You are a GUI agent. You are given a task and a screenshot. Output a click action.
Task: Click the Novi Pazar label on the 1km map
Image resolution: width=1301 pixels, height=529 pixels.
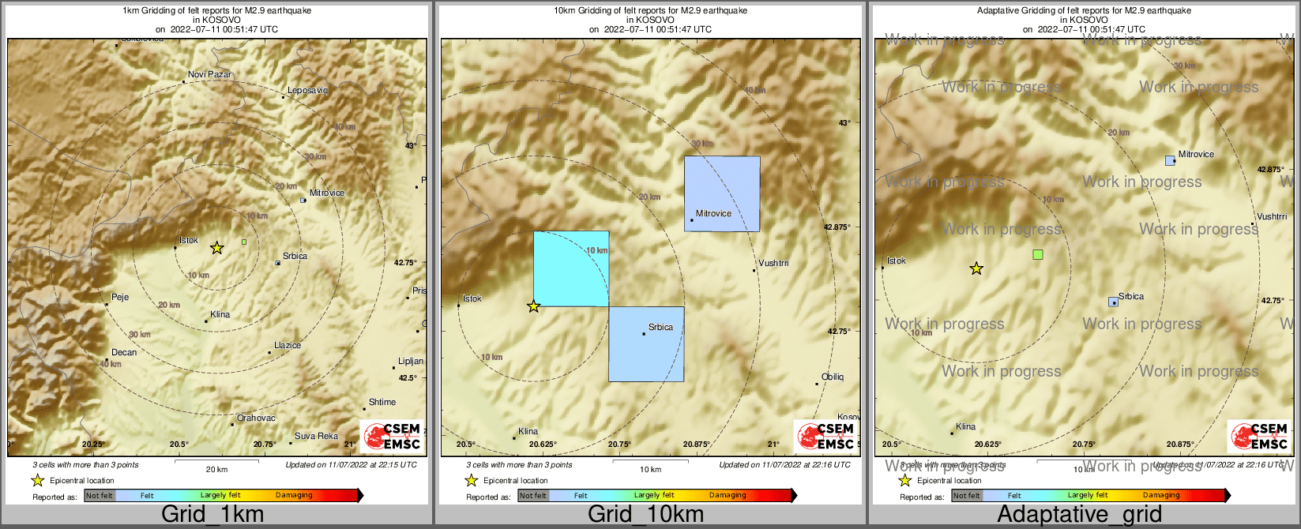[x=209, y=74]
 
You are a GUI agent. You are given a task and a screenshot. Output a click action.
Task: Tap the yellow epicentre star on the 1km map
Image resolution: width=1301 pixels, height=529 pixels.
[x=217, y=248]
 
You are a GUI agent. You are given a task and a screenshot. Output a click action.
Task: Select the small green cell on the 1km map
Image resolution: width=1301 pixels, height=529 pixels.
[x=244, y=242]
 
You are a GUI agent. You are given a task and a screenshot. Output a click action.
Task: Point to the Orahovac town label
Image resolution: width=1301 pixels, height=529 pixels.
[x=256, y=418]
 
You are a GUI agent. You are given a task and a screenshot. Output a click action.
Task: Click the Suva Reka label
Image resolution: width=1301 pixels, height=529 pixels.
[x=316, y=436]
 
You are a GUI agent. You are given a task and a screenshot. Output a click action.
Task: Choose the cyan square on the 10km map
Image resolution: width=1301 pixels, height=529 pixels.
[x=570, y=268]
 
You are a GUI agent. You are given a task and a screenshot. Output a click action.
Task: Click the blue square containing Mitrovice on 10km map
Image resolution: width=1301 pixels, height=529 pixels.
[x=722, y=193]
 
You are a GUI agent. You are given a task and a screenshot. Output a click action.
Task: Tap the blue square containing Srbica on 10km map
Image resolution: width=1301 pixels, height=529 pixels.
[x=646, y=344]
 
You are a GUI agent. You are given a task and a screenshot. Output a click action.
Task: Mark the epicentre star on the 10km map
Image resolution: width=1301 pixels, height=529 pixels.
[x=534, y=306]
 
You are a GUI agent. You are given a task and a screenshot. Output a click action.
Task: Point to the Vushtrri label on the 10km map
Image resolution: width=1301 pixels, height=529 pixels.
[x=773, y=263]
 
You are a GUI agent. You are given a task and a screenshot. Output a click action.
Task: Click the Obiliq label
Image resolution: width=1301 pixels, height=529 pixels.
[x=833, y=377]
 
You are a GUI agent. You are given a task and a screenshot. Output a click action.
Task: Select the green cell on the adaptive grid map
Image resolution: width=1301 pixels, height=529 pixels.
[x=1038, y=254]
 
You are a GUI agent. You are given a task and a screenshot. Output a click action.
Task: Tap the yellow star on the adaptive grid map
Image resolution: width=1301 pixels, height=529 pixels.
[x=976, y=268]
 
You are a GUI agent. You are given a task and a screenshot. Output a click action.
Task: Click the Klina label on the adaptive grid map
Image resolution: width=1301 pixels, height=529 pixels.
[x=965, y=426]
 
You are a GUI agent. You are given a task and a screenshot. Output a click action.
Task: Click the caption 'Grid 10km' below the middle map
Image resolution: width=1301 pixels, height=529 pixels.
[x=645, y=515]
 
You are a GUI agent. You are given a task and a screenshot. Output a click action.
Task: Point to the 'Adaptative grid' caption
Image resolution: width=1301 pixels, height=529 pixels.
[x=1079, y=515]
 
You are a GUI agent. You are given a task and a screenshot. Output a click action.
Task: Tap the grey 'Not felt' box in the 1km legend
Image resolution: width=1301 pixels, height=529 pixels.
[x=100, y=496]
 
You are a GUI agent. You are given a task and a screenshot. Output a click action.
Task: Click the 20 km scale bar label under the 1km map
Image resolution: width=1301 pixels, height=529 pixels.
[x=216, y=469]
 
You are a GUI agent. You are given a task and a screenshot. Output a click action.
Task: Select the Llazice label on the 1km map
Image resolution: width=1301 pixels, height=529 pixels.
[x=287, y=345]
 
